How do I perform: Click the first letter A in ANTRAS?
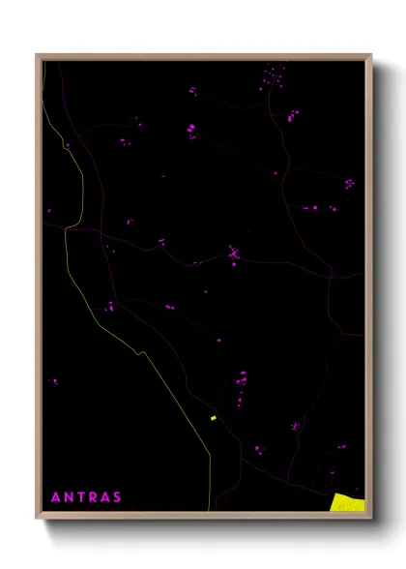tap(55, 498)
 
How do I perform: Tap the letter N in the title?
tap(69, 498)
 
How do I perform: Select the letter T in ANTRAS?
tap(81, 498)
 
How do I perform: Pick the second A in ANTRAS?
tap(105, 498)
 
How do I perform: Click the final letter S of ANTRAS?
tap(118, 498)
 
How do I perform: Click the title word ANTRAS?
tap(86, 498)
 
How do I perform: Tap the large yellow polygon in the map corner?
tap(348, 500)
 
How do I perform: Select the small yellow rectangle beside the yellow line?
tap(213, 418)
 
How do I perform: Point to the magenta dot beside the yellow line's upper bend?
tap(68, 145)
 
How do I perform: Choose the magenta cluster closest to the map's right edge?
tap(349, 183)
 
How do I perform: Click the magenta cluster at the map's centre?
tap(233, 255)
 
